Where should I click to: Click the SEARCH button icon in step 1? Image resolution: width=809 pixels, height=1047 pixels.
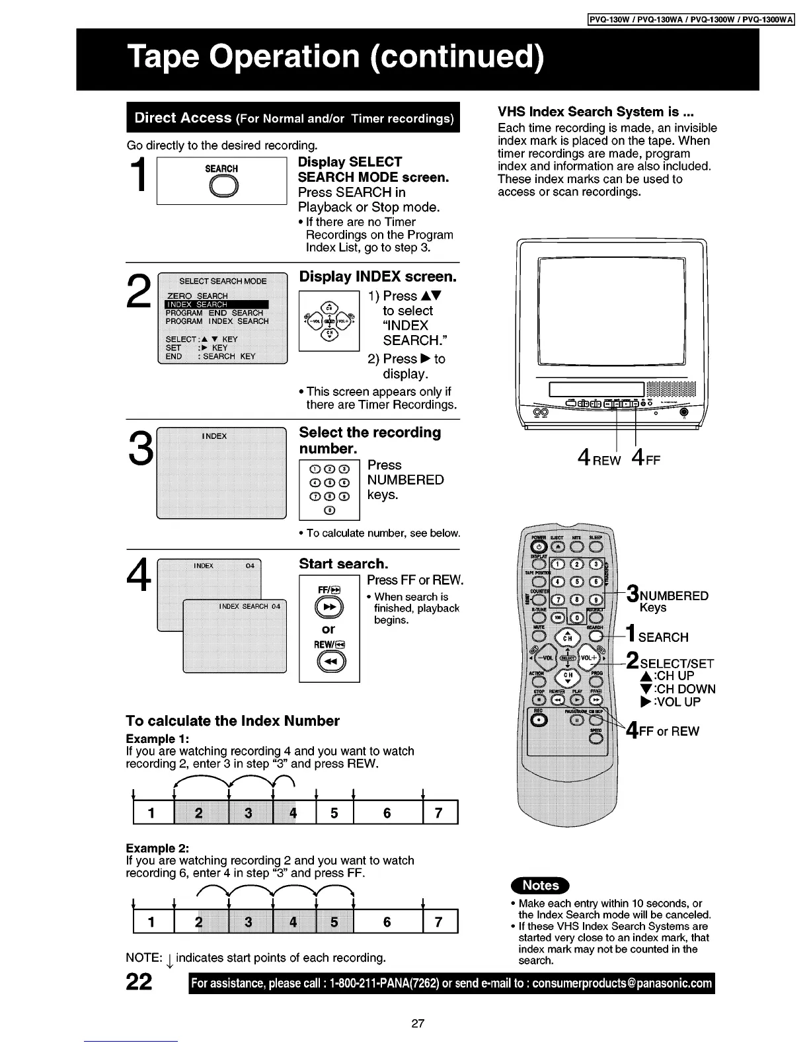click(x=221, y=188)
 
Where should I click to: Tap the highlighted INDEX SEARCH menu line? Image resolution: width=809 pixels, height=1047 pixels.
click(x=216, y=305)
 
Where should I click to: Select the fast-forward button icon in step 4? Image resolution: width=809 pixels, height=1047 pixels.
click(x=329, y=607)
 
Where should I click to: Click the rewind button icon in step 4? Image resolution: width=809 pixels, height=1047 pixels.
click(x=329, y=661)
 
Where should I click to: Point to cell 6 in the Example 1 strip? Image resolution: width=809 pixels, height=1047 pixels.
click(x=387, y=813)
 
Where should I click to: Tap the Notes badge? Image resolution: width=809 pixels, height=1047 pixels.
click(x=541, y=885)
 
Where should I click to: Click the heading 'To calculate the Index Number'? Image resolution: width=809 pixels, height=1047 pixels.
click(x=233, y=721)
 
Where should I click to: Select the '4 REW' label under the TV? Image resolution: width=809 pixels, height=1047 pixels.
click(x=599, y=458)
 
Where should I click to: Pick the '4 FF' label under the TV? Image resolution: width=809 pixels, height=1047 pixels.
click(x=646, y=458)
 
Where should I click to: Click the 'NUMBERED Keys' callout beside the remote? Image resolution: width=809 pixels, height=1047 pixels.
click(x=668, y=601)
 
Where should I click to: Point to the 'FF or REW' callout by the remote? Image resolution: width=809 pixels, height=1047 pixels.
click(x=664, y=731)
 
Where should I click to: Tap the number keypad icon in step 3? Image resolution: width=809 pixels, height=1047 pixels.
click(x=328, y=490)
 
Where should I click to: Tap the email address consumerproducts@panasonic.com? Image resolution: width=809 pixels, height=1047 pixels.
click(x=623, y=984)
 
